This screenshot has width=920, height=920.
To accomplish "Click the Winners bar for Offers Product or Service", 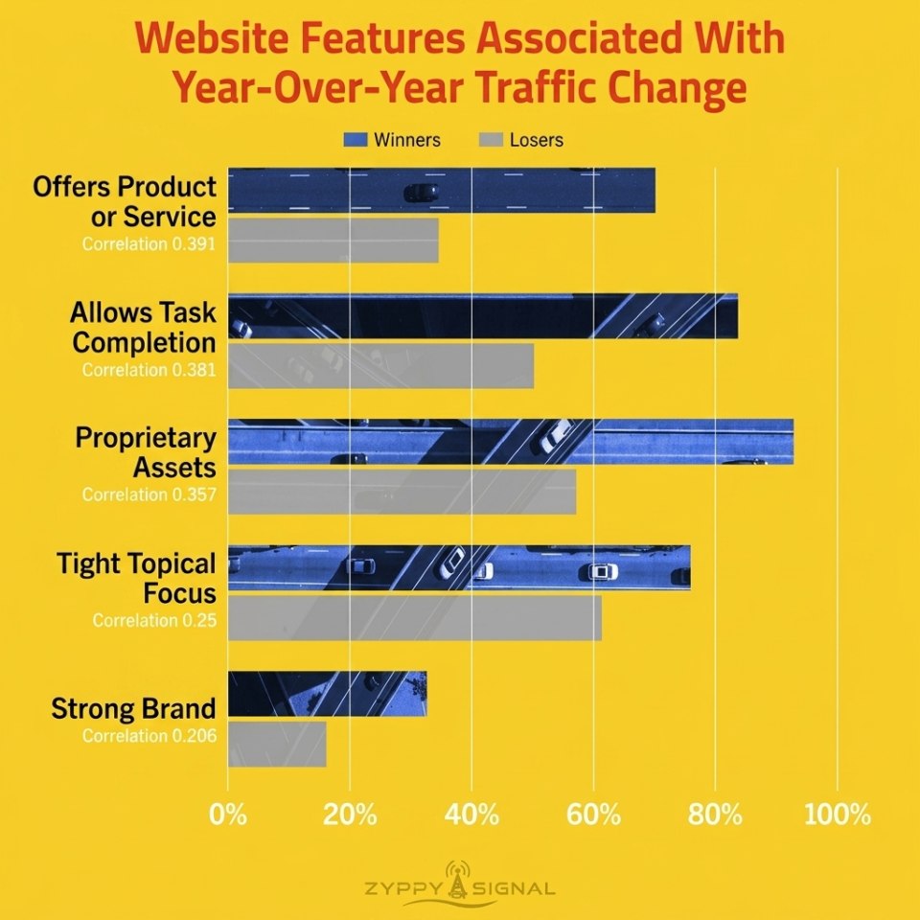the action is click(x=441, y=190).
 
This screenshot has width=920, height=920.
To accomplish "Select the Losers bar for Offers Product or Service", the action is click(x=333, y=241).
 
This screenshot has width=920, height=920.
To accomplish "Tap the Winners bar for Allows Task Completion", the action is click(x=483, y=315).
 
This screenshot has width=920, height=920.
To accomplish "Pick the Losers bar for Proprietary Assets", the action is click(x=402, y=492).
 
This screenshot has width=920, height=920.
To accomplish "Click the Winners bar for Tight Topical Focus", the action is click(x=459, y=567).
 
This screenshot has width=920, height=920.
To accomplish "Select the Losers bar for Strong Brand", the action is click(x=277, y=744).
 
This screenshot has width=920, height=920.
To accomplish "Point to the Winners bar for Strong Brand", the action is click(x=328, y=694).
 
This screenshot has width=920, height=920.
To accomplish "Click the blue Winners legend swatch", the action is click(x=356, y=140).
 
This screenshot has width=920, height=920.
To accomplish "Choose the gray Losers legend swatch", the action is click(x=491, y=140).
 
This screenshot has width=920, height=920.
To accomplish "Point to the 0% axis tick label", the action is click(x=228, y=815).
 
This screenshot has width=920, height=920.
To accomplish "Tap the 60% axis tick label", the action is click(x=593, y=815).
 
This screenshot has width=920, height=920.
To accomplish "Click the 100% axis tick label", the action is click(x=838, y=815).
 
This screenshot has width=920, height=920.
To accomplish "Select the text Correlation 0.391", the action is click(x=149, y=244).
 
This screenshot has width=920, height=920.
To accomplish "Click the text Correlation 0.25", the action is click(x=154, y=620).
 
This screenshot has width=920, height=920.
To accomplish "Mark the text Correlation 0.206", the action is click(x=149, y=736).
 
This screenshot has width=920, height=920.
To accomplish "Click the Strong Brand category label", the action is click(x=134, y=708).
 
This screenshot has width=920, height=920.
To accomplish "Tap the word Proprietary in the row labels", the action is click(x=146, y=439).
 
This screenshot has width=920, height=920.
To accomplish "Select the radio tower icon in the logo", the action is click(x=458, y=879).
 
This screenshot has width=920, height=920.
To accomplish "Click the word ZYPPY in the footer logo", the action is click(x=402, y=888).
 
